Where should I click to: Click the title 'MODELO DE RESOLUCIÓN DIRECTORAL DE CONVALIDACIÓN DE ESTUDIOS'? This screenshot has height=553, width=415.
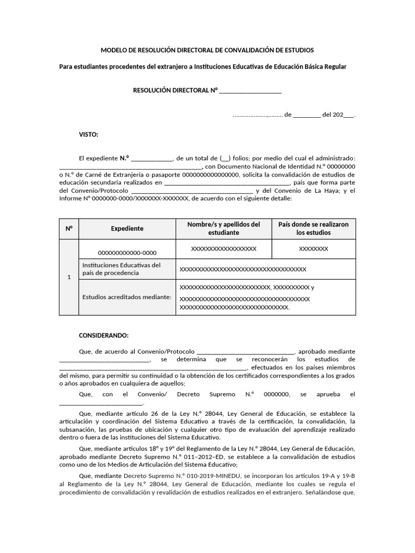point(207,50)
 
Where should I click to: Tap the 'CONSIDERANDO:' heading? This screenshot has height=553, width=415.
point(104,335)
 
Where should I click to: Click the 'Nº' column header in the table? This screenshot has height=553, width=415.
point(69,228)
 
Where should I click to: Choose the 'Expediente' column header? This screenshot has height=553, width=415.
point(127,228)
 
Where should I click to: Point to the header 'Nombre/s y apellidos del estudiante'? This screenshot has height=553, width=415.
point(224,228)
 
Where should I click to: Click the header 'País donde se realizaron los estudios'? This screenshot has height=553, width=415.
point(313,228)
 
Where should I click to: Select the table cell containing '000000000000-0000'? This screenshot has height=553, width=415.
point(127,253)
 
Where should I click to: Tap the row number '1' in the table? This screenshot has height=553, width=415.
point(69,277)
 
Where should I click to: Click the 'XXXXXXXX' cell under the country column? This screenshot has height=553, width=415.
point(313,248)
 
